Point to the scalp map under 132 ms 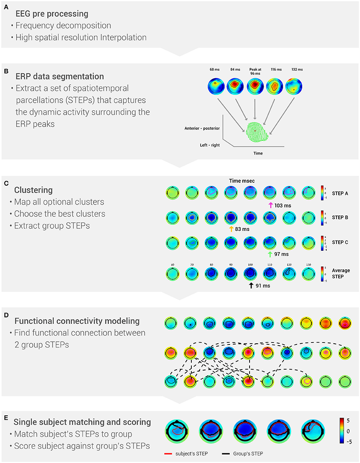click(294, 87)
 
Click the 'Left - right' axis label click(210, 145)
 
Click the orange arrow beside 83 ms click(231, 229)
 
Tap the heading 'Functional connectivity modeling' click(77, 321)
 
